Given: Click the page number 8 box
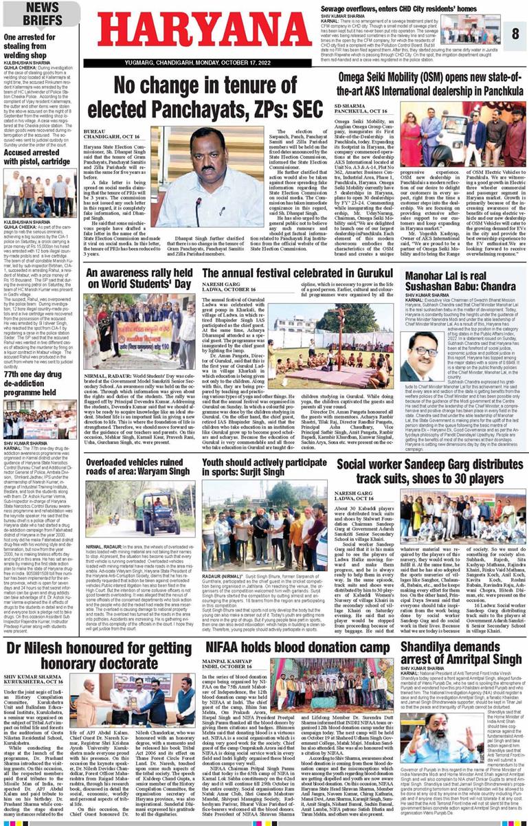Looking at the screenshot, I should pyautogui.click(x=515, y=33).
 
